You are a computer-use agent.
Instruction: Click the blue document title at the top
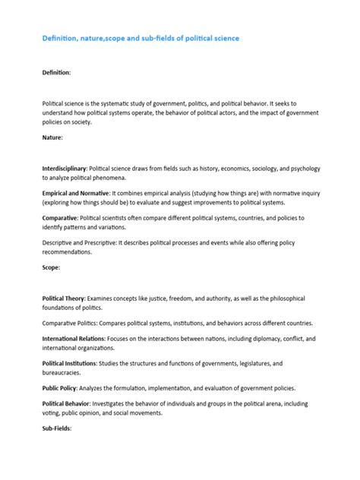pyautogui.click(x=141, y=37)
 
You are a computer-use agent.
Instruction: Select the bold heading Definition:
pyautogui.click(x=56, y=72)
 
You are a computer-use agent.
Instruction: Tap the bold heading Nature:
pyautogui.click(x=52, y=137)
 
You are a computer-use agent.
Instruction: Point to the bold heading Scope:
pyautogui.click(x=51, y=268)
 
